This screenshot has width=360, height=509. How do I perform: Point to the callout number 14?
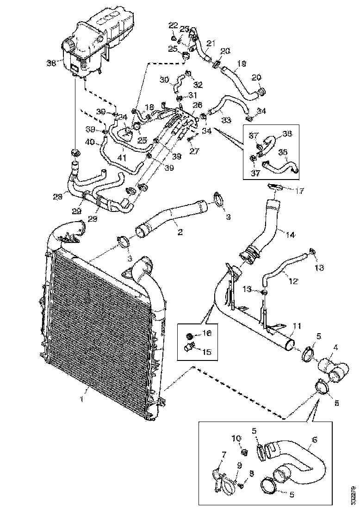tap(290, 235)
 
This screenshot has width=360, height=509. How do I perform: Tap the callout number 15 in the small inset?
tap(206, 352)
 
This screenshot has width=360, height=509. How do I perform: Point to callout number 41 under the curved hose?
tap(121, 158)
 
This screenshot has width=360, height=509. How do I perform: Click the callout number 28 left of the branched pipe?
tap(57, 197)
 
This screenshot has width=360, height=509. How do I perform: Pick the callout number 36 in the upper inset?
tap(288, 133)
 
